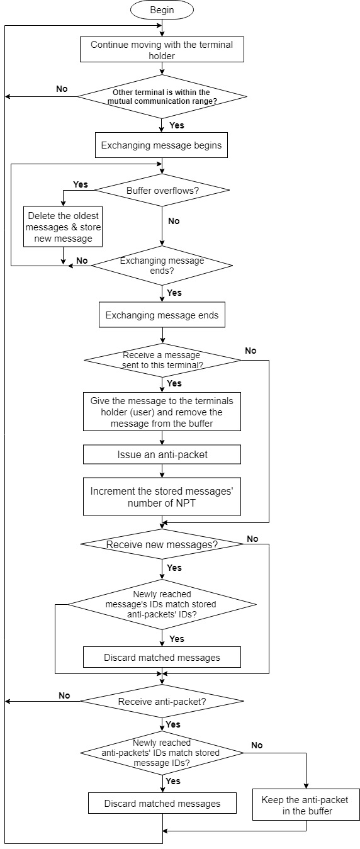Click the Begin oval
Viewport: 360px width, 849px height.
point(162,10)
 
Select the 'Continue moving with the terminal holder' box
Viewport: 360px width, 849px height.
point(162,50)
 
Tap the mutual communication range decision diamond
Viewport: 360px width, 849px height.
point(162,96)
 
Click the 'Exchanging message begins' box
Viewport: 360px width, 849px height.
point(162,145)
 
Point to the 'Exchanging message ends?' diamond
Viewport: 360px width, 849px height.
point(162,266)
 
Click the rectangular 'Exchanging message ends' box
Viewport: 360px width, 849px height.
point(162,315)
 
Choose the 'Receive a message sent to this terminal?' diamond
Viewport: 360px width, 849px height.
point(162,360)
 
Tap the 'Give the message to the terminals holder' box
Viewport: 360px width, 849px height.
point(162,412)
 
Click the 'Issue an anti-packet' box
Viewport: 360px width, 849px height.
point(162,454)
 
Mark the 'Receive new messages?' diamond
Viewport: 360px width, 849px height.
point(162,544)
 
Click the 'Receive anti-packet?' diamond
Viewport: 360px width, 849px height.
point(162,701)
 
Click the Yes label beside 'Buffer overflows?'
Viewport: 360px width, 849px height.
point(81,184)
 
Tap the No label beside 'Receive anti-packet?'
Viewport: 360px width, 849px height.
point(64,695)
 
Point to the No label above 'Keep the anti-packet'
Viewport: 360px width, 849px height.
point(257,745)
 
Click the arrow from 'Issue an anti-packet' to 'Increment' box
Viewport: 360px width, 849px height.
point(162,471)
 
